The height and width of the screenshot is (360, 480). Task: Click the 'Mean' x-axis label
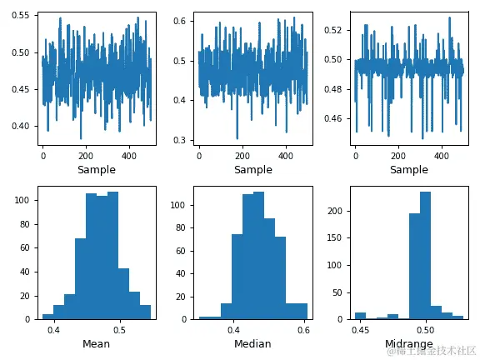[97, 344]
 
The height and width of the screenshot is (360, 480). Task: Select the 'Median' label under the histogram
[252, 344]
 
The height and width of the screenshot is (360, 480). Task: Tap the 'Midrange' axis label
[408, 344]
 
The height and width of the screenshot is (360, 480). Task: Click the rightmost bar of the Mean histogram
[146, 312]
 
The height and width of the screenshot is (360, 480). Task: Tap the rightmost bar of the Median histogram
[297, 310]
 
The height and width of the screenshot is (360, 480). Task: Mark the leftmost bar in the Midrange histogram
[360, 316]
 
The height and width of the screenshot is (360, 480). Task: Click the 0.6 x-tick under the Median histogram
[302, 330]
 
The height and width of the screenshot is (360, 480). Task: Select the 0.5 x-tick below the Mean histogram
[121, 330]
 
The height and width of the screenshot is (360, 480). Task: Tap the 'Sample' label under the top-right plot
[408, 170]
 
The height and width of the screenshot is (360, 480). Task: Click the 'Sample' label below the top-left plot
[97, 170]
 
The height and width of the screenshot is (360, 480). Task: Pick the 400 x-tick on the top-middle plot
[285, 156]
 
